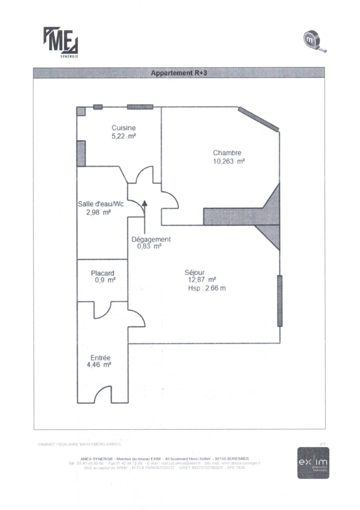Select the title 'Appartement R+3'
(178, 73)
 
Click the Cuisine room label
(124, 127)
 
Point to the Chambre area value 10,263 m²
(228, 161)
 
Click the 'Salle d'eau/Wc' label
(100, 204)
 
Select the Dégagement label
(151, 239)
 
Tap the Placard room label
(102, 273)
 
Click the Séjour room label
(194, 272)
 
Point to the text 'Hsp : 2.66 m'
(207, 288)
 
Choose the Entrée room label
(100, 357)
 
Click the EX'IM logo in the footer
(313, 462)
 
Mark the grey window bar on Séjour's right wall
(280, 300)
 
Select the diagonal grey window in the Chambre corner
(258, 119)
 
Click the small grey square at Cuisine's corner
(81, 111)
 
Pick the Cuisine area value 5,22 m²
(124, 136)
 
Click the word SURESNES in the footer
(238, 458)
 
